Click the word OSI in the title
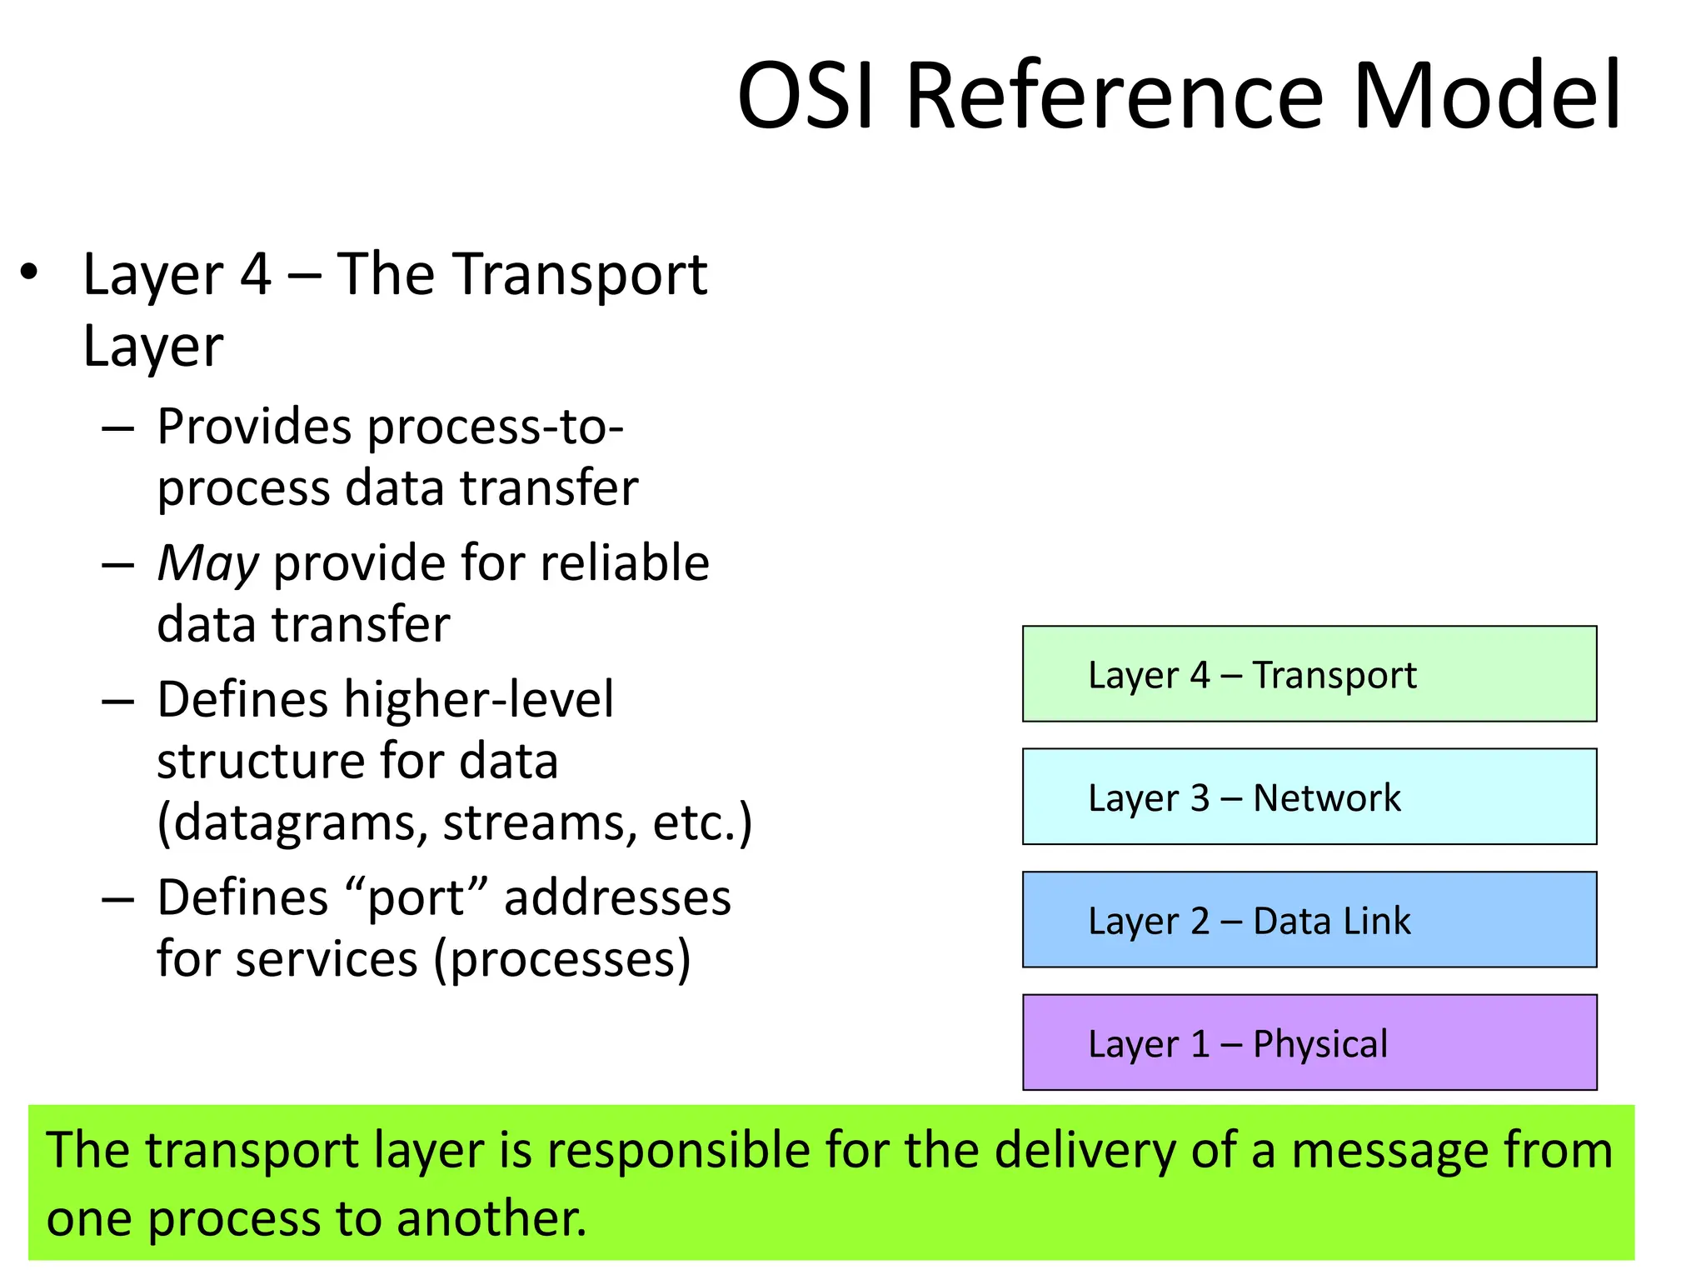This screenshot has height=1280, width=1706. [806, 96]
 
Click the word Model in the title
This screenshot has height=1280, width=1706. [1487, 96]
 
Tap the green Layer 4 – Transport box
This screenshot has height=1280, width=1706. [1309, 673]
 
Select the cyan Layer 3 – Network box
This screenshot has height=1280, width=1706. [1309, 797]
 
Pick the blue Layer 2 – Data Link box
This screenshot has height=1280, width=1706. [1309, 919]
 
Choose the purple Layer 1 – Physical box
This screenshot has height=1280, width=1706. [1309, 1042]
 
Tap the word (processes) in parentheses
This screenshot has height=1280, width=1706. [562, 960]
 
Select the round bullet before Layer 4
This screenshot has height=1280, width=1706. [30, 272]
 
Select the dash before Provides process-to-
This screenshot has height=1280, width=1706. [117, 429]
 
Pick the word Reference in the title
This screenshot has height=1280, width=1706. [1114, 96]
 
